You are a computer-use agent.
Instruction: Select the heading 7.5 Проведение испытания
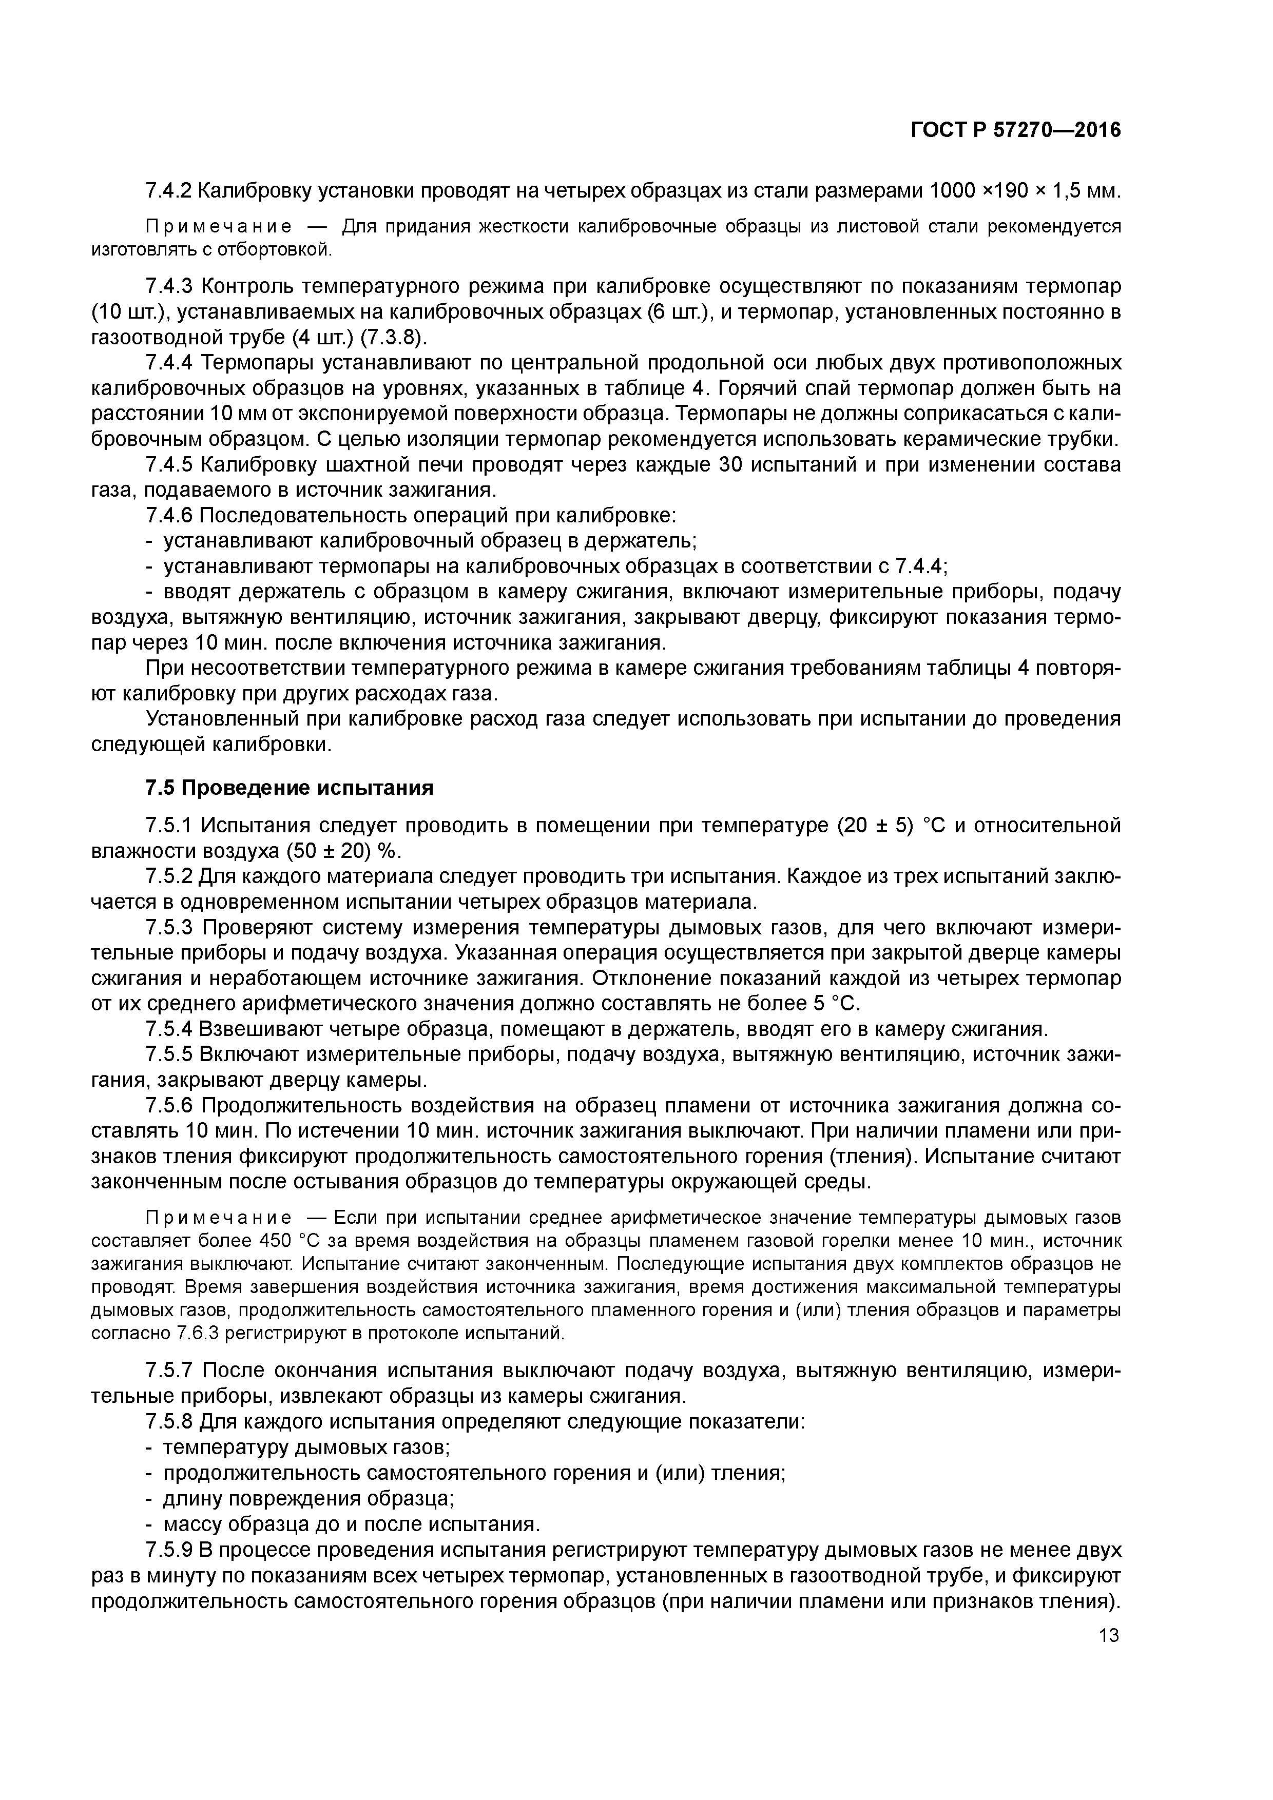(290, 788)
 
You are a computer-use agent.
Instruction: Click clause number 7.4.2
(170, 190)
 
